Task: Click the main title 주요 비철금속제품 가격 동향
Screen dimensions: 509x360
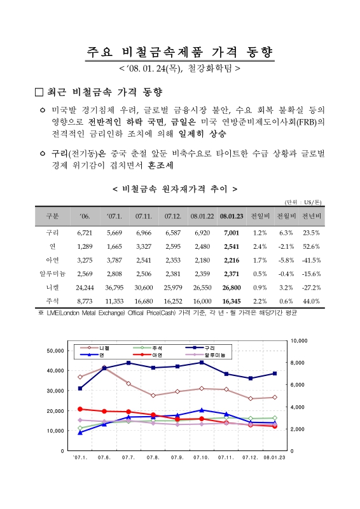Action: coord(180,52)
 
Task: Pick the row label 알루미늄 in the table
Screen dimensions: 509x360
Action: coord(53,274)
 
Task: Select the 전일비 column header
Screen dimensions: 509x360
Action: coord(260,216)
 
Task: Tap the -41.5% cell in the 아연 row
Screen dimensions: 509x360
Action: coord(310,260)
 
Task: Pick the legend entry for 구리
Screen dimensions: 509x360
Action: coord(209,348)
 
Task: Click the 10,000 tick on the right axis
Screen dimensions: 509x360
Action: coord(300,341)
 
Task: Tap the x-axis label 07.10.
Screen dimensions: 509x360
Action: coord(202,457)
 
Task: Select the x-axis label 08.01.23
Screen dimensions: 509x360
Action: coord(274,457)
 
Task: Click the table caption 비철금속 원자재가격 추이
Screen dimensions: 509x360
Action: coord(175,189)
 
